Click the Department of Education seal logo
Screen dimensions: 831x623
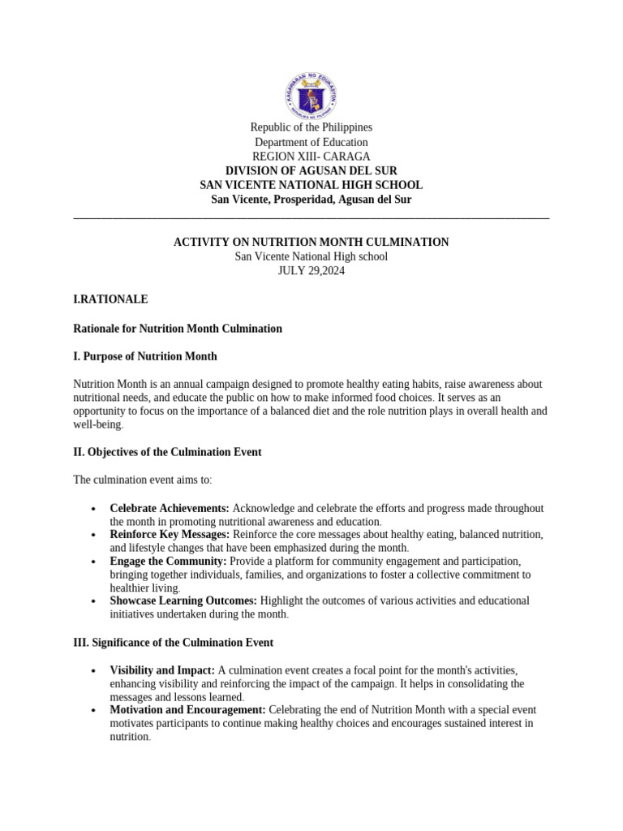[311, 95]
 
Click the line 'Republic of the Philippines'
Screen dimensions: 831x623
[311, 127]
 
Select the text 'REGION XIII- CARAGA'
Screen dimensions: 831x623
[311, 157]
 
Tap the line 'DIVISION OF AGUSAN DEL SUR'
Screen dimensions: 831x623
[311, 171]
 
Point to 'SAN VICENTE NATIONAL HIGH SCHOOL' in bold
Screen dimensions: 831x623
[311, 186]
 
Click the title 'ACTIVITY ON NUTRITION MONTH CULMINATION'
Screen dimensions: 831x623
[311, 243]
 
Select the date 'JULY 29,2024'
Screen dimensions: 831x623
[311, 271]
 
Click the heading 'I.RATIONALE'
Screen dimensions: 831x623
[110, 299]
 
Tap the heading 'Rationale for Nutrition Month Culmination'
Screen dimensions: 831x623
[178, 329]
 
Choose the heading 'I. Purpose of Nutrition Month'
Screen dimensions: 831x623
[145, 357]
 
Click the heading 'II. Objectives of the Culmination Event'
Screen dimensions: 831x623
[167, 452]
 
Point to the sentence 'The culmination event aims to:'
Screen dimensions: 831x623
[143, 480]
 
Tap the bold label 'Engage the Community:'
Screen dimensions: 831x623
[168, 562]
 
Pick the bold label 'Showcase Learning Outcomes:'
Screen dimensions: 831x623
[183, 601]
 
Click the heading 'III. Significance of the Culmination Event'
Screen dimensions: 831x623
[173, 643]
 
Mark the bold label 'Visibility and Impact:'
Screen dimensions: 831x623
[162, 671]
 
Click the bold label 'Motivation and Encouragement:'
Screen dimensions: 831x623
[187, 710]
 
